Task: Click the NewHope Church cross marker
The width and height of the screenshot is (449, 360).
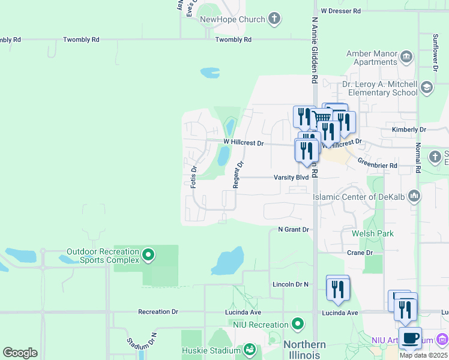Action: pyautogui.click(x=274, y=19)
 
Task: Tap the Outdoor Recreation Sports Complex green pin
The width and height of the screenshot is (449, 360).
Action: pyautogui.click(x=148, y=256)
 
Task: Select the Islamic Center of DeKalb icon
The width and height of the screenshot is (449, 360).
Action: pyautogui.click(x=414, y=196)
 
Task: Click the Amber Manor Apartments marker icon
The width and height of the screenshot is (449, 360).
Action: pyautogui.click(x=406, y=57)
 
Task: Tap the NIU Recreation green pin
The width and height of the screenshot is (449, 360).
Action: pyautogui.click(x=298, y=325)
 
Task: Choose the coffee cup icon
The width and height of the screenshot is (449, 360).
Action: pyautogui.click(x=409, y=338)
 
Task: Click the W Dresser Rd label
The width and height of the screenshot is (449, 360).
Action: pyautogui.click(x=340, y=11)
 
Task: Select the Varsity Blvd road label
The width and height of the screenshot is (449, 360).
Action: pyautogui.click(x=291, y=178)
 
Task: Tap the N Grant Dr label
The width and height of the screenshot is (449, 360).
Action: pyautogui.click(x=293, y=230)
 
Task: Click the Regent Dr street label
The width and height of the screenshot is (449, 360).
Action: pyautogui.click(x=238, y=173)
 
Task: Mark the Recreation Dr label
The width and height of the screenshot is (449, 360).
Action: pyautogui.click(x=158, y=312)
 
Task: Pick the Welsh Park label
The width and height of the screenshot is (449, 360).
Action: pyautogui.click(x=373, y=233)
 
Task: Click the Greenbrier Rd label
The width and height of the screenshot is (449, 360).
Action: pyautogui.click(x=378, y=165)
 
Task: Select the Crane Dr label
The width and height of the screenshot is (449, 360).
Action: pyautogui.click(x=360, y=253)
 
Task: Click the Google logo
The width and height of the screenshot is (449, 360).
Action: pyautogui.click(x=20, y=352)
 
